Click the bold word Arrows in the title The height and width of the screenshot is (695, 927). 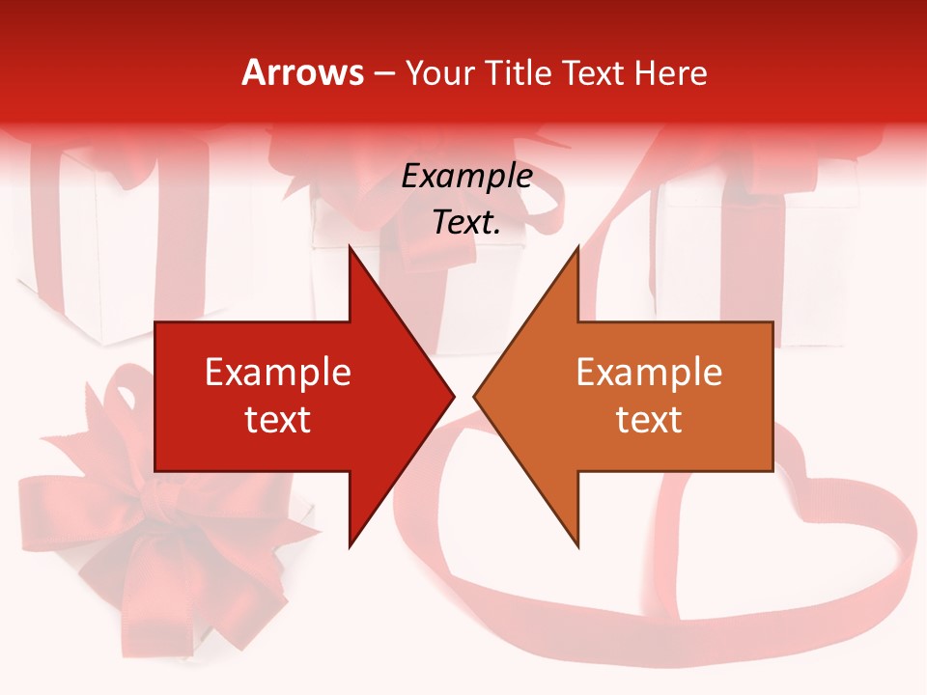(x=302, y=72)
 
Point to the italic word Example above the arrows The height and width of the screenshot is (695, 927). (x=467, y=176)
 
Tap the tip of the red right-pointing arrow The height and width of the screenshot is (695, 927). (x=454, y=396)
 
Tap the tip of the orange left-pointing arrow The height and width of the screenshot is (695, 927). (x=474, y=396)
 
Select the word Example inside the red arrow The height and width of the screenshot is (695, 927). (x=278, y=373)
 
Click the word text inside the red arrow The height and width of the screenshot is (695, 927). (x=278, y=420)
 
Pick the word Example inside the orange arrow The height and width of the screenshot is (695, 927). (x=649, y=373)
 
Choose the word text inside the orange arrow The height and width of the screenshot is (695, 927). (x=649, y=420)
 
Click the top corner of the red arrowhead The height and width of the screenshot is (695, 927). (x=350, y=246)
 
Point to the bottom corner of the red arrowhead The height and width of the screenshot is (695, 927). (x=350, y=547)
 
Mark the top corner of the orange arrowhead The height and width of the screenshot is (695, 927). (x=577, y=246)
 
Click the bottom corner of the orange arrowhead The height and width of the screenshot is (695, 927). (x=577, y=547)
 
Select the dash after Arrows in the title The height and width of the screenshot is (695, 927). (x=383, y=74)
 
